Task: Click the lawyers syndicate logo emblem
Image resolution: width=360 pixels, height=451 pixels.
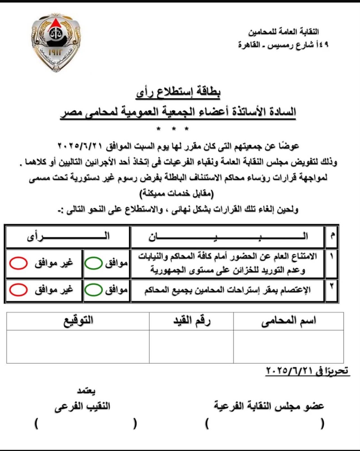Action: click(56, 42)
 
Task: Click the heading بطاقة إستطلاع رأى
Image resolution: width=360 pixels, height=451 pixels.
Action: click(178, 92)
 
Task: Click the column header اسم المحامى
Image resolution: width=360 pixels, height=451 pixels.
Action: click(288, 321)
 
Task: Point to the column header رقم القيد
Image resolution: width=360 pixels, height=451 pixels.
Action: click(192, 321)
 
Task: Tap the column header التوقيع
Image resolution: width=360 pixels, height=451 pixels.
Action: click(78, 321)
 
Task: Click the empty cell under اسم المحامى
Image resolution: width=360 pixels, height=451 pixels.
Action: click(288, 347)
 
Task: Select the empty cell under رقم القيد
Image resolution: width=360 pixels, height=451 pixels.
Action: click(191, 347)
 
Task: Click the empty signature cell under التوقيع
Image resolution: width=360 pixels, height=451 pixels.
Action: click(78, 347)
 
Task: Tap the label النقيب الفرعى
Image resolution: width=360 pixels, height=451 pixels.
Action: click(83, 407)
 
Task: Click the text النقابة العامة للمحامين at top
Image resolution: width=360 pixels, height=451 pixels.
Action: click(283, 32)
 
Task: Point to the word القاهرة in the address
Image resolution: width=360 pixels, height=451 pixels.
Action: click(249, 45)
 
